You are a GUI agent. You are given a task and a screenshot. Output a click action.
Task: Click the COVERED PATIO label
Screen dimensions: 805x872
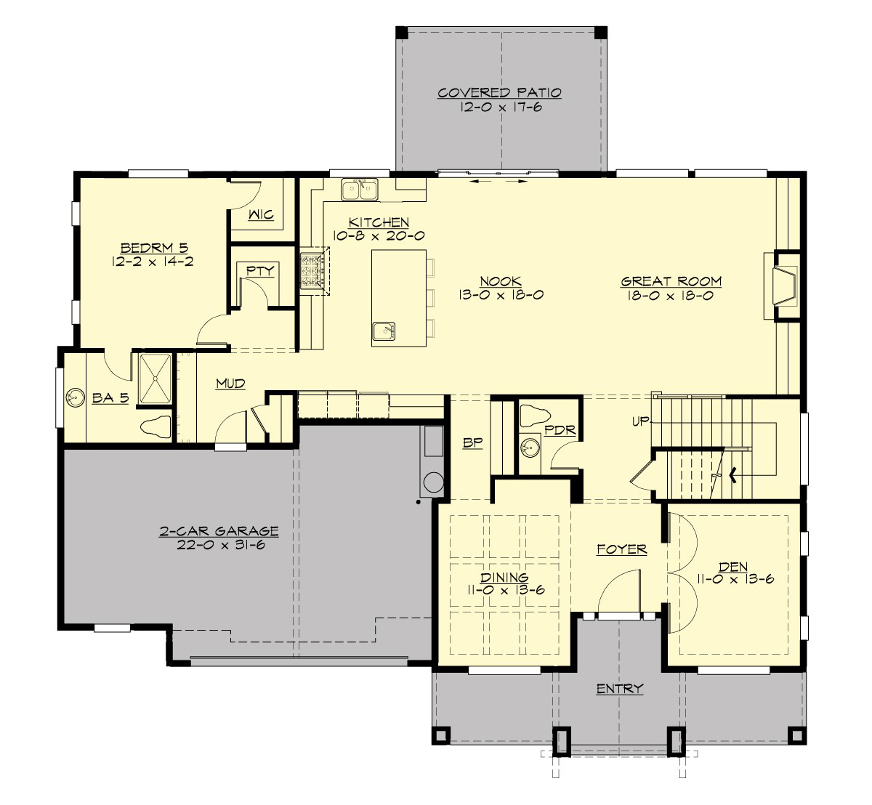click(499, 93)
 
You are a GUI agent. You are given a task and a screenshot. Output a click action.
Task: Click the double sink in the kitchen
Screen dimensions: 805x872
click(360, 189)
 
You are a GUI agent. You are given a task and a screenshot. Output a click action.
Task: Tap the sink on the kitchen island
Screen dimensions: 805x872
click(383, 331)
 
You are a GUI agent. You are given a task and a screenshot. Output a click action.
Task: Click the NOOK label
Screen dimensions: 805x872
click(501, 281)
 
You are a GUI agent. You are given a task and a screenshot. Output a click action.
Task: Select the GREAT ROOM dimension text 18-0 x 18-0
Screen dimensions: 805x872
click(671, 296)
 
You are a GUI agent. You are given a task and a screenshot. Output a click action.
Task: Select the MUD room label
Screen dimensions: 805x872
click(230, 384)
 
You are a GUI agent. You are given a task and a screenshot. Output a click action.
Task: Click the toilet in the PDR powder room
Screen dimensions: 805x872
click(535, 416)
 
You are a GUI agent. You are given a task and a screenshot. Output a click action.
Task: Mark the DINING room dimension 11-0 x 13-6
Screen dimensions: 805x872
click(506, 591)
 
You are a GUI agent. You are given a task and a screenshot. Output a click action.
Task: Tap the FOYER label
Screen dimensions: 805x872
click(621, 549)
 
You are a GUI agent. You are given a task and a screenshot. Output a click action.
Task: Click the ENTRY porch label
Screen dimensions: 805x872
click(619, 688)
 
